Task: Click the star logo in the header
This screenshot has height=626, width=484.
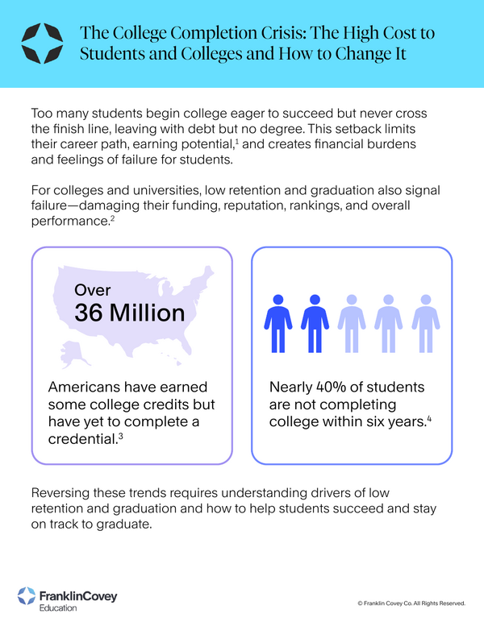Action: click(x=40, y=43)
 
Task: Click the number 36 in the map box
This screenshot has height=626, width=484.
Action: click(x=94, y=313)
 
